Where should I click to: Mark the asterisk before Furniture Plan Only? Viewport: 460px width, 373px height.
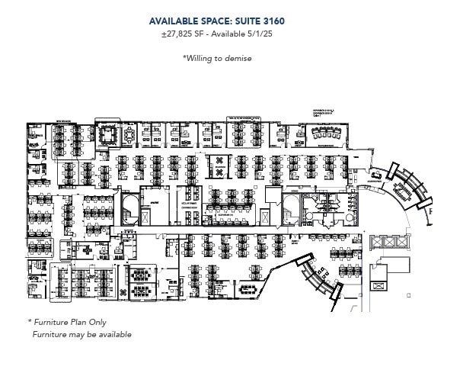(30, 322)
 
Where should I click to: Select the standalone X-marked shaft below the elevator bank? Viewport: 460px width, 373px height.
(379, 285)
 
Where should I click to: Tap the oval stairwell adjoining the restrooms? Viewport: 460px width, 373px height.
(290, 208)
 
